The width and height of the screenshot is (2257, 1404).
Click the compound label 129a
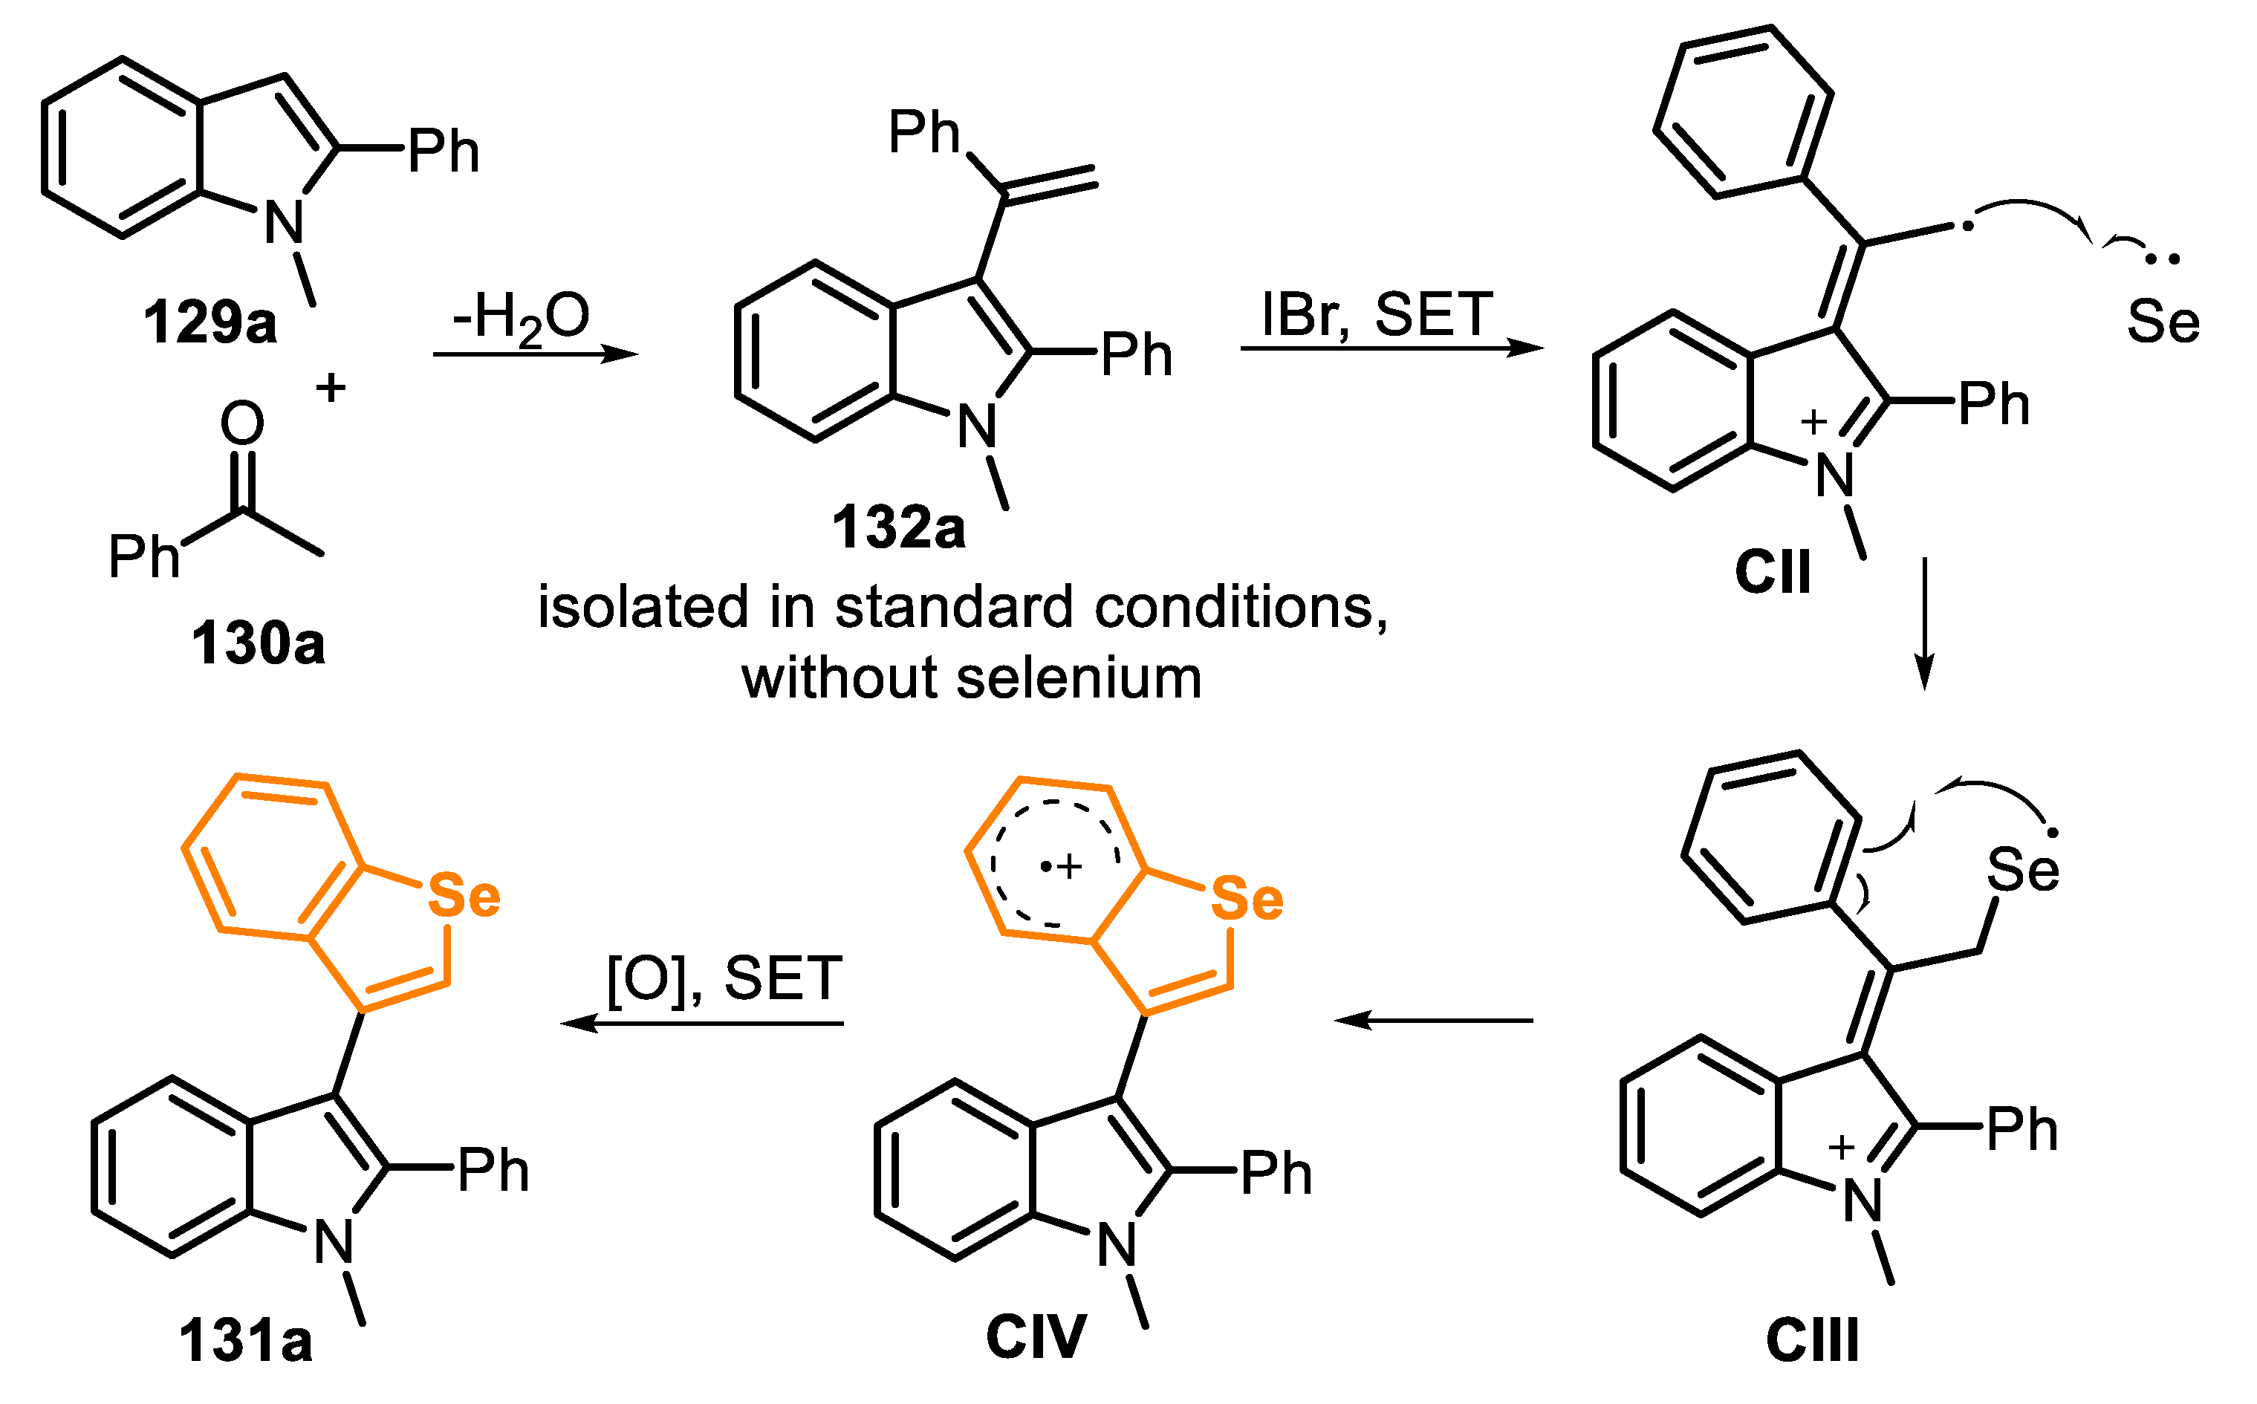point(210,324)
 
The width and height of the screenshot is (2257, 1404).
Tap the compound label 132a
point(897,528)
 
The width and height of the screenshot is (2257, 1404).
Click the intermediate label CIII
point(1812,1341)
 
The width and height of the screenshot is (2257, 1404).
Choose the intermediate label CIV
point(1035,1337)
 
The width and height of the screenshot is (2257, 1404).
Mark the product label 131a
point(245,1341)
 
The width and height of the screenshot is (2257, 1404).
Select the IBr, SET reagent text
point(1377,315)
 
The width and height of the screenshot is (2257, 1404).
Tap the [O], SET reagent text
point(724,979)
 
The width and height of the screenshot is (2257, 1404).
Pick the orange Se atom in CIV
point(1247,899)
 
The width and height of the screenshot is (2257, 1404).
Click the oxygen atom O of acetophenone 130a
point(242,423)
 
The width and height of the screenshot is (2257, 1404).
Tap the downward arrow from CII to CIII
point(1925,624)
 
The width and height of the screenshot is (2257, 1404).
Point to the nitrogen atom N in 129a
point(284,223)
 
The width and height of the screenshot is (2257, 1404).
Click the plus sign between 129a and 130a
point(331,387)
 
